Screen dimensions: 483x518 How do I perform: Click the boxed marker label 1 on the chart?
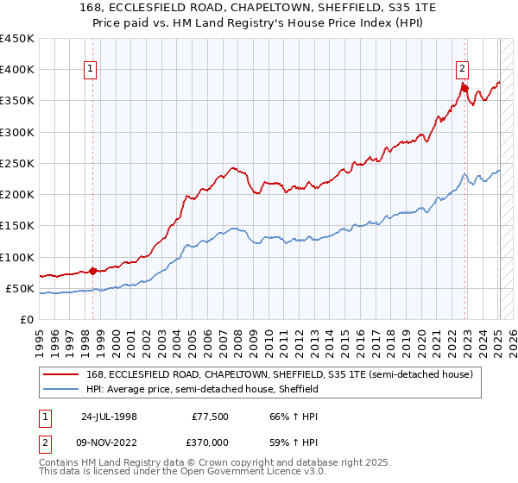coord(92,70)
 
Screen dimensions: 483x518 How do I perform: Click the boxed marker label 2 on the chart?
coord(463,70)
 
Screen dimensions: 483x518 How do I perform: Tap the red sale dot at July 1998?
coord(93,270)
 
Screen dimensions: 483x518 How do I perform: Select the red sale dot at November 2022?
coord(464,87)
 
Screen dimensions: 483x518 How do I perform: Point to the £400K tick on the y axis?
coord(17,70)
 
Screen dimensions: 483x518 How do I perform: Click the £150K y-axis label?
coord(17,226)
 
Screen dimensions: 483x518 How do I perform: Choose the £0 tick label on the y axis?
coord(27,320)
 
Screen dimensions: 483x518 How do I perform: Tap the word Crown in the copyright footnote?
coord(211,463)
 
